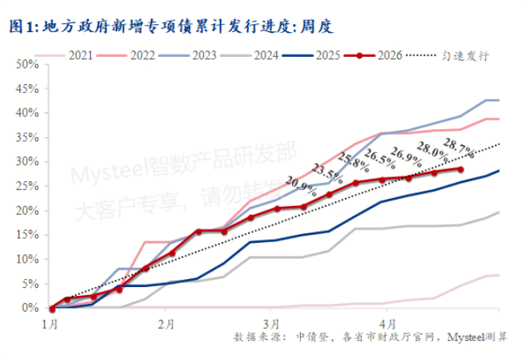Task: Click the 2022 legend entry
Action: click(142, 55)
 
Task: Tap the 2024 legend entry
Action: click(267, 55)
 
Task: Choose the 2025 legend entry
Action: click(329, 55)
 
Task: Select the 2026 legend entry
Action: click(391, 55)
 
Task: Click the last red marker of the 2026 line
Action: click(460, 169)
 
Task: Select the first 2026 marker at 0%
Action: click(51, 308)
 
